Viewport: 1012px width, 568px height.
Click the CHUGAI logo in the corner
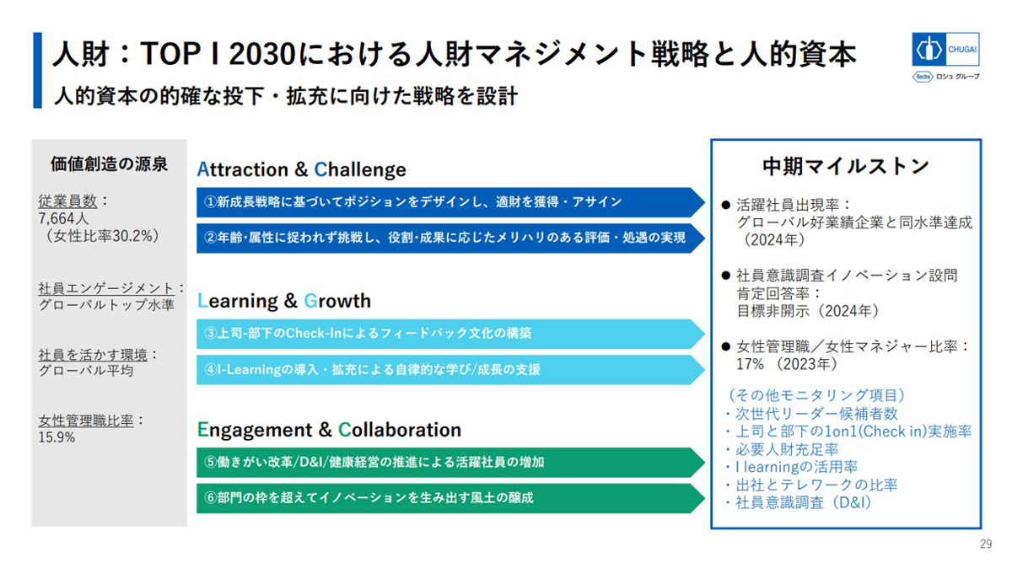click(x=945, y=49)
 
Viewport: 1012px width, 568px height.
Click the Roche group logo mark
click(x=923, y=77)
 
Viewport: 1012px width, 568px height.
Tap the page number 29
click(x=986, y=544)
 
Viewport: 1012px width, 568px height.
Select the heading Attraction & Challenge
click(x=301, y=169)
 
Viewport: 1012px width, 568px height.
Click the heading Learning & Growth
click(x=283, y=301)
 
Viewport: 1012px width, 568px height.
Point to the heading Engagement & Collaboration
click(x=329, y=430)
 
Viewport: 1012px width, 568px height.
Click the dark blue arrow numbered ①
click(x=450, y=201)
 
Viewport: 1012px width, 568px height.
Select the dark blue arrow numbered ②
click(x=450, y=238)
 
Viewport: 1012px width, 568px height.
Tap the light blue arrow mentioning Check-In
click(x=450, y=334)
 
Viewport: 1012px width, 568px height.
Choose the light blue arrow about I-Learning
click(x=450, y=370)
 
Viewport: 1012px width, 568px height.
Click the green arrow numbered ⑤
click(x=450, y=463)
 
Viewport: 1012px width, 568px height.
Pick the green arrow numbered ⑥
click(x=450, y=498)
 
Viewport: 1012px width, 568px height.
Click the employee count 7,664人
click(x=64, y=219)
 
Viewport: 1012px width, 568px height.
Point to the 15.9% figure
click(x=57, y=437)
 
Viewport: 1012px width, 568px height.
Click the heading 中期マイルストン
click(x=845, y=166)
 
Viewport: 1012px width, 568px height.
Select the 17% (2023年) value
click(x=787, y=364)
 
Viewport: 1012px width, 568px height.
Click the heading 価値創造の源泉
click(x=109, y=164)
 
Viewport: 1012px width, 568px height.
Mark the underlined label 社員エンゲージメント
click(x=106, y=288)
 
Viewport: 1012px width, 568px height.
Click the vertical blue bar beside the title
click(x=37, y=71)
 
